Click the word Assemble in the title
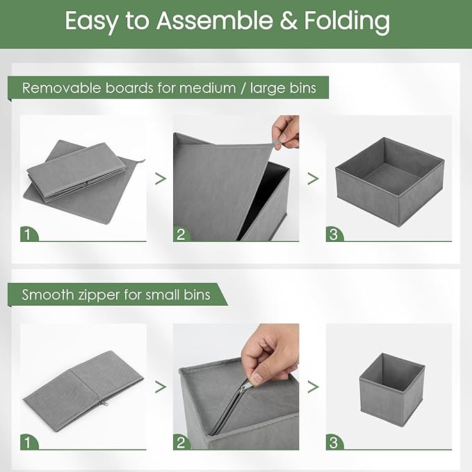click(214, 20)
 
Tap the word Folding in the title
click(347, 22)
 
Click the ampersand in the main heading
click(288, 21)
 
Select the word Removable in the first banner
click(61, 88)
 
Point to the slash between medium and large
click(243, 88)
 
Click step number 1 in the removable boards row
click(27, 234)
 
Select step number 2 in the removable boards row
click(181, 234)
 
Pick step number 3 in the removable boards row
click(334, 234)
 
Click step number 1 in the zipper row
click(27, 443)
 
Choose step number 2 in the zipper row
click(181, 443)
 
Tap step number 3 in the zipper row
click(334, 443)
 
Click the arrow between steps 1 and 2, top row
click(161, 179)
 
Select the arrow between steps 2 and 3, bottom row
click(313, 386)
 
